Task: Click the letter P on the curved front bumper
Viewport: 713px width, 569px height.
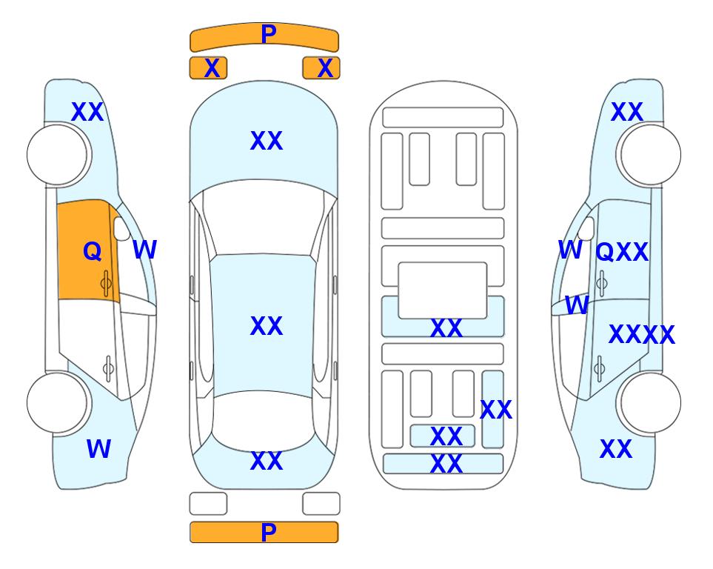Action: click(268, 34)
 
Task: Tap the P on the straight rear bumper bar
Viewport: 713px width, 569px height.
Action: click(268, 532)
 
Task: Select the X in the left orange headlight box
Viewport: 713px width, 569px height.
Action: click(212, 68)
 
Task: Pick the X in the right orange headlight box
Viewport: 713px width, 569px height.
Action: click(325, 68)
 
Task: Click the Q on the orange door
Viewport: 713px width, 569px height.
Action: click(93, 251)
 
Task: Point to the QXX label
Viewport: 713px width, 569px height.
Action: click(622, 252)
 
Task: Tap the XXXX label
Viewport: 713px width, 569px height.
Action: click(642, 335)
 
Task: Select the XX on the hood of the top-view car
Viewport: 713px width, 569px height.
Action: click(267, 141)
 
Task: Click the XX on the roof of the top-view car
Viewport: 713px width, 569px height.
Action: click(267, 326)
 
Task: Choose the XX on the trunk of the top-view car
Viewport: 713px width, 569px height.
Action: click(267, 461)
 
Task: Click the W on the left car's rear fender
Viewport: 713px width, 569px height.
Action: click(98, 449)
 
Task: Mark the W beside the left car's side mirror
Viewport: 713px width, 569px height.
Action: click(144, 250)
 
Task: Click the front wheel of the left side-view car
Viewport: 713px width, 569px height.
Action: click(58, 155)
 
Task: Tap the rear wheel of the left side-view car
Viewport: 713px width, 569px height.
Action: click(58, 402)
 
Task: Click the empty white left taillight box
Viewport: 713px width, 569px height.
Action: click(208, 504)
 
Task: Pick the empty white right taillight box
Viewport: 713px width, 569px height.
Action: click(321, 504)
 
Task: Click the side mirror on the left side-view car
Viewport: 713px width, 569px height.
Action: click(122, 228)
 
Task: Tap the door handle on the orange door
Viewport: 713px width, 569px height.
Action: click(106, 284)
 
